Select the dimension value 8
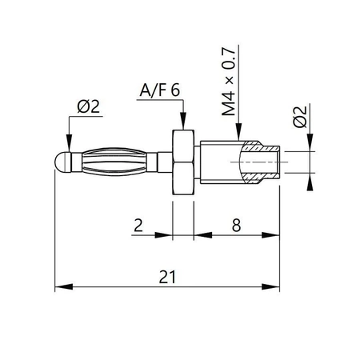click(237, 226)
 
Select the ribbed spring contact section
click(120, 160)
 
